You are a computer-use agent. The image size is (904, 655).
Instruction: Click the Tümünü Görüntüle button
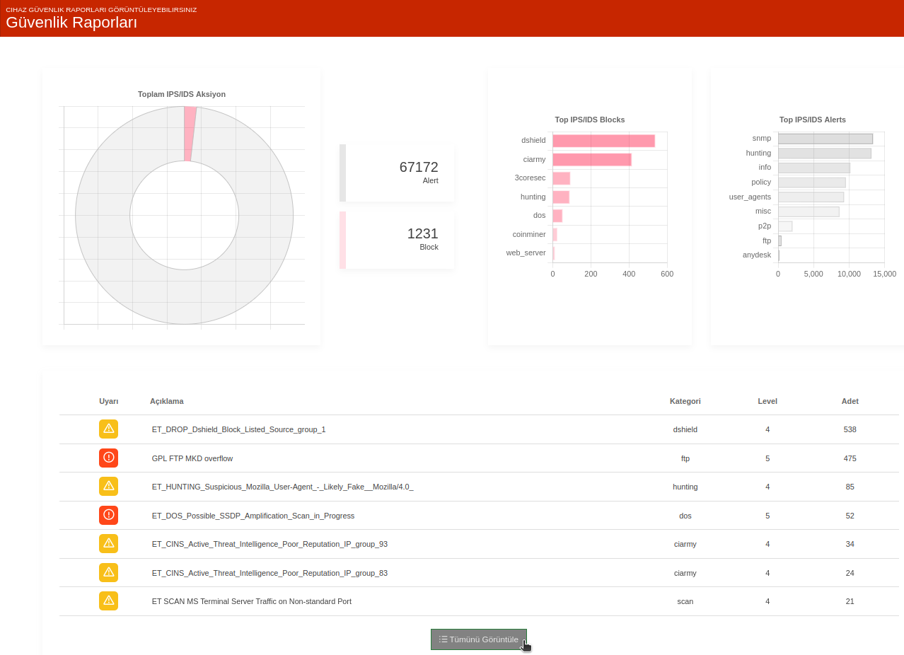pos(478,639)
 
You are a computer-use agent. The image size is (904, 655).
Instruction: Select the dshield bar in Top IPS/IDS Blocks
pos(604,141)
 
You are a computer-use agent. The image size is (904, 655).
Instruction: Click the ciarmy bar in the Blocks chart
pos(592,159)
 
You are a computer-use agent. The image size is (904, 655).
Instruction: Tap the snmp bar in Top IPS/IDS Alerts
pos(825,139)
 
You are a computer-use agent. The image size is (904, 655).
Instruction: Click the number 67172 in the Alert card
pos(419,167)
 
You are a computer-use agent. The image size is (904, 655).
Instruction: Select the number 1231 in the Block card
pos(422,233)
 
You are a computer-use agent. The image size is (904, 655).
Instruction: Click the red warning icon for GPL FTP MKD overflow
pos(108,458)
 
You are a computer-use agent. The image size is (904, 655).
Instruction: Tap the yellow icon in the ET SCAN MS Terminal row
pos(108,601)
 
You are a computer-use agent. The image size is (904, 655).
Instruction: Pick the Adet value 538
pos(850,429)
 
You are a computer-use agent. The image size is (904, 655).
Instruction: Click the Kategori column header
pos(685,401)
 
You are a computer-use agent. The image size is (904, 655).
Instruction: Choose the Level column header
pos(767,401)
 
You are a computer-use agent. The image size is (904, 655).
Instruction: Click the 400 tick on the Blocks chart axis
pos(629,274)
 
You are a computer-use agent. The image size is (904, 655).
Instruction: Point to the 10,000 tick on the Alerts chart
pos(849,274)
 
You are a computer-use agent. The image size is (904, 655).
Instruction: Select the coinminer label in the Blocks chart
pos(528,234)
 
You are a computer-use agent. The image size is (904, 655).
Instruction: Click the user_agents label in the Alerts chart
pos(750,197)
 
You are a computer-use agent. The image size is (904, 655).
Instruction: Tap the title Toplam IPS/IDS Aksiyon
pos(182,94)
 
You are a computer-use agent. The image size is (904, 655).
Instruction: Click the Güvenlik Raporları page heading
pos(71,22)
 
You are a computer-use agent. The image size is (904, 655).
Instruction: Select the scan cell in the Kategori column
pos(685,601)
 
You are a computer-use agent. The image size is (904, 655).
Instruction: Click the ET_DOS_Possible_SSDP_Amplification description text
pos(253,516)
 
